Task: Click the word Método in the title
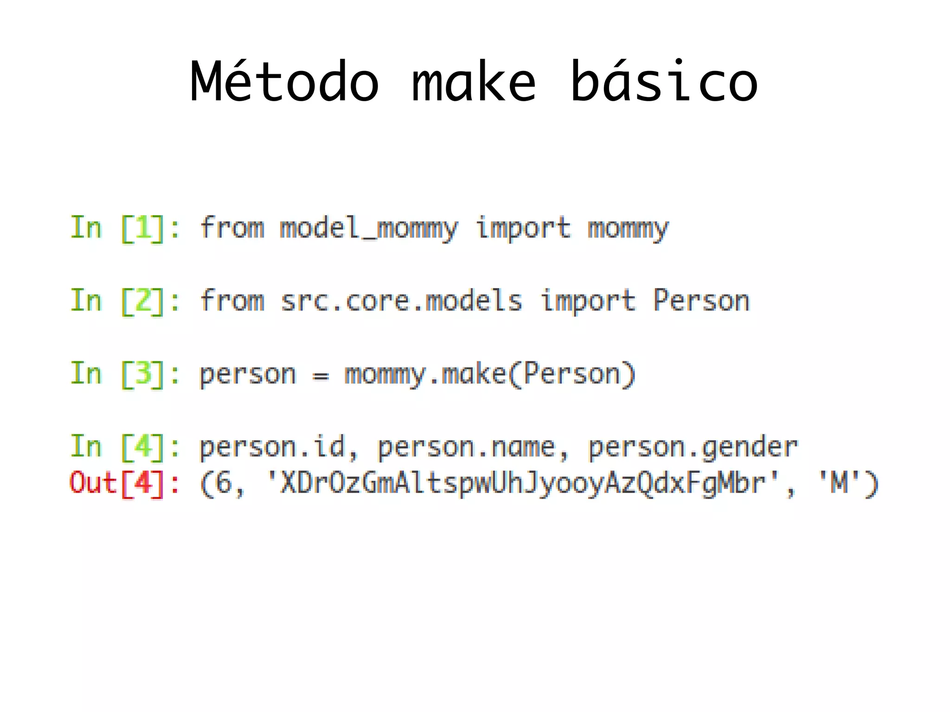point(284,82)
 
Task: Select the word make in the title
point(474,82)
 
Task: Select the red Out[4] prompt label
point(124,483)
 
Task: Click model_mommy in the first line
point(369,228)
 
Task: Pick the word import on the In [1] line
point(523,228)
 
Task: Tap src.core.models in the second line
point(401,301)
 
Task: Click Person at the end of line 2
point(701,301)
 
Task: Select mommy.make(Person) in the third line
point(489,374)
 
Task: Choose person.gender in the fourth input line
point(693,447)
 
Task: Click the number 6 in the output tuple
point(224,483)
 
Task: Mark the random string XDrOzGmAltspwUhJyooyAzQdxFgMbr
point(523,483)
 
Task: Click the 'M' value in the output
point(839,483)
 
